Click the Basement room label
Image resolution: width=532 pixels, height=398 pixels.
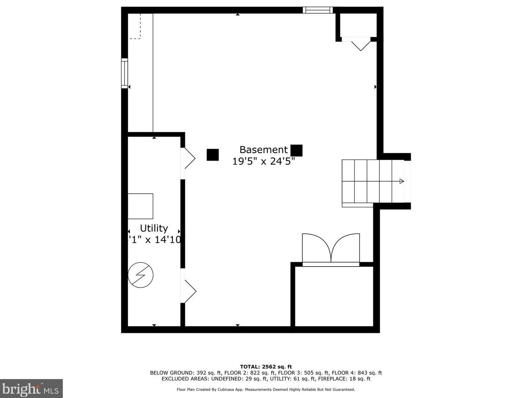click(x=263, y=150)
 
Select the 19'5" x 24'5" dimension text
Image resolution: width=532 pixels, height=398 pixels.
click(x=263, y=161)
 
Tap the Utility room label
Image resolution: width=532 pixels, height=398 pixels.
click(x=154, y=228)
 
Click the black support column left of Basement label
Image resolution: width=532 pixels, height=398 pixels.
click(x=213, y=155)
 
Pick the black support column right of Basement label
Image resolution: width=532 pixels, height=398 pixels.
click(x=296, y=150)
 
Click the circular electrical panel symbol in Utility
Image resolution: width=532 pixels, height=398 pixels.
click(x=141, y=275)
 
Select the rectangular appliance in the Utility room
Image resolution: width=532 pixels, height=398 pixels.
click(x=140, y=206)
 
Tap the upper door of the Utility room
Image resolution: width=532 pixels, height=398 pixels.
click(x=187, y=158)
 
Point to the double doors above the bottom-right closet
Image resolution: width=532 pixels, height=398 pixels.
click(x=331, y=249)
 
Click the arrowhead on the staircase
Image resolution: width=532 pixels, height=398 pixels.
click(x=401, y=181)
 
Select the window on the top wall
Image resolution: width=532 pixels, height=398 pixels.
click(x=317, y=10)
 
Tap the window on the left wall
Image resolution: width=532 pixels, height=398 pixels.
click(x=125, y=73)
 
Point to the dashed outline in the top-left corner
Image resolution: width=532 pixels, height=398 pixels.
click(x=135, y=27)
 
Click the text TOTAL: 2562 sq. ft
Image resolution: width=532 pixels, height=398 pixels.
click(x=266, y=367)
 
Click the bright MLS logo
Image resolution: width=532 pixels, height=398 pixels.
click(x=31, y=389)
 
